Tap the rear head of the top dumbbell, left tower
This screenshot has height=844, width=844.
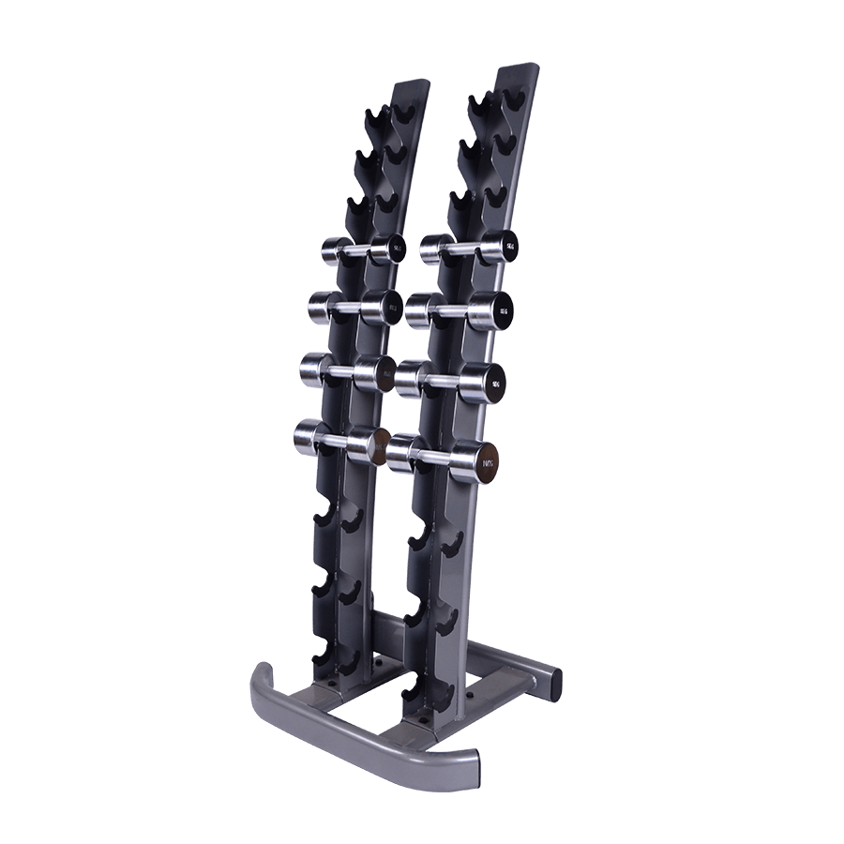pos(333,250)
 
